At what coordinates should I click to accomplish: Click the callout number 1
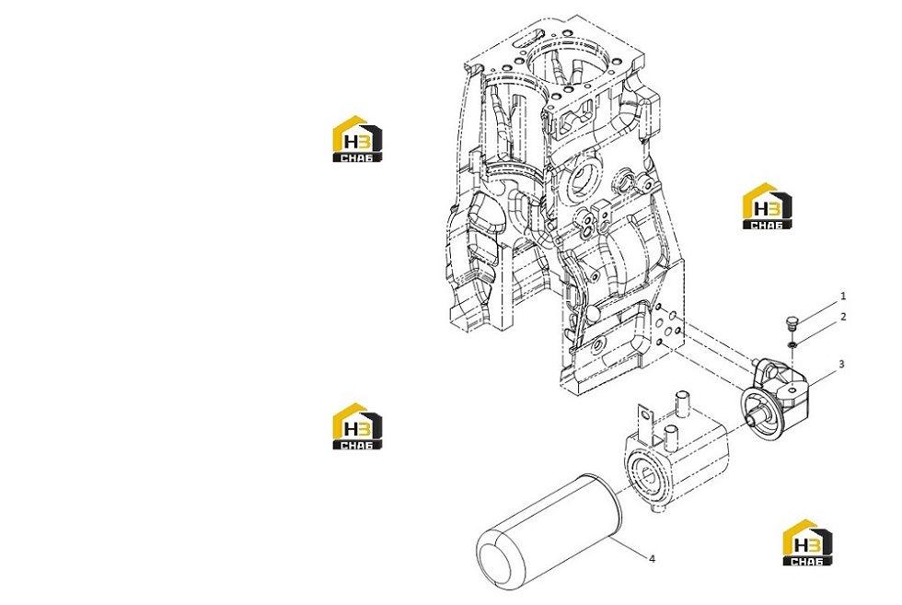point(843,297)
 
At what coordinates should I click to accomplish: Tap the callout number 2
point(843,317)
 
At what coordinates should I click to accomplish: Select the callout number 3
point(841,364)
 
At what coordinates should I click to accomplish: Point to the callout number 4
point(652,558)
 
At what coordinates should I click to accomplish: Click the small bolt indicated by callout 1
point(792,322)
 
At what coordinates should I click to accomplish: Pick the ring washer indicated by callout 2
point(792,344)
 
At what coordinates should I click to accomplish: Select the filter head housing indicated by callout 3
point(774,397)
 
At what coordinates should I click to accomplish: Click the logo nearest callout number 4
point(807,542)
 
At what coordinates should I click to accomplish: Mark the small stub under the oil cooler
point(659,509)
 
